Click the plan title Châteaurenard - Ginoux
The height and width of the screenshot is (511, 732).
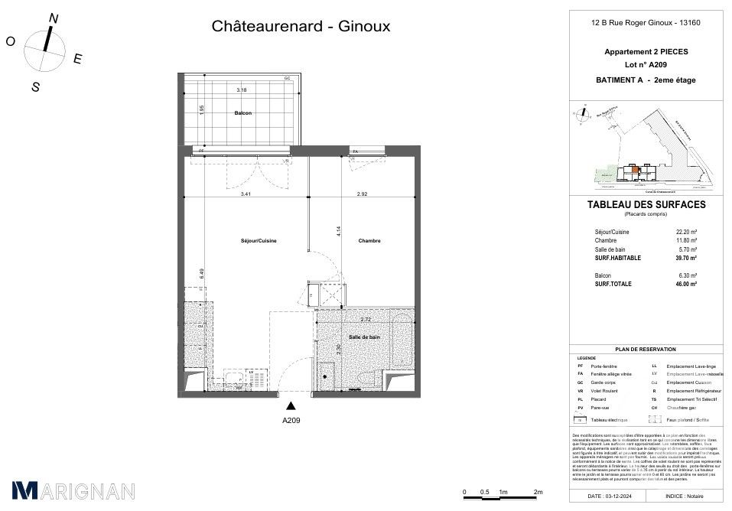point(301,27)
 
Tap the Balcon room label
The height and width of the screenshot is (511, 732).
point(243,113)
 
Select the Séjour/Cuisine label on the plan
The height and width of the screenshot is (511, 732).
point(259,241)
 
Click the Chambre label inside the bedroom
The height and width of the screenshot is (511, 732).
point(369,241)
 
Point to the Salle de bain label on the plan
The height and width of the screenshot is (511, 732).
point(364,337)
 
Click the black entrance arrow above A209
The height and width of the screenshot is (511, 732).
point(291,406)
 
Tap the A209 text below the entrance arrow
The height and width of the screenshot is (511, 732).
point(291,421)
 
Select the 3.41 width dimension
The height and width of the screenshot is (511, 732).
point(246,194)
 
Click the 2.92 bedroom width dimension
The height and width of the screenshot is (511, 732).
point(363,194)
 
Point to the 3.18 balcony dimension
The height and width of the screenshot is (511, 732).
point(242,90)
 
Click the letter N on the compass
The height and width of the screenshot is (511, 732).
point(53,18)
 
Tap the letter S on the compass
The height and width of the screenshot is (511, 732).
point(35,87)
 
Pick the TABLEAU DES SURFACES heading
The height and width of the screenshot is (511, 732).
point(646,205)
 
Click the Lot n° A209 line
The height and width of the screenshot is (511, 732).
point(646,66)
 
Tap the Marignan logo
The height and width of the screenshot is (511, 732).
point(73,490)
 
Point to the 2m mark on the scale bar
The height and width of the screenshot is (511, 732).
point(538,491)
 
